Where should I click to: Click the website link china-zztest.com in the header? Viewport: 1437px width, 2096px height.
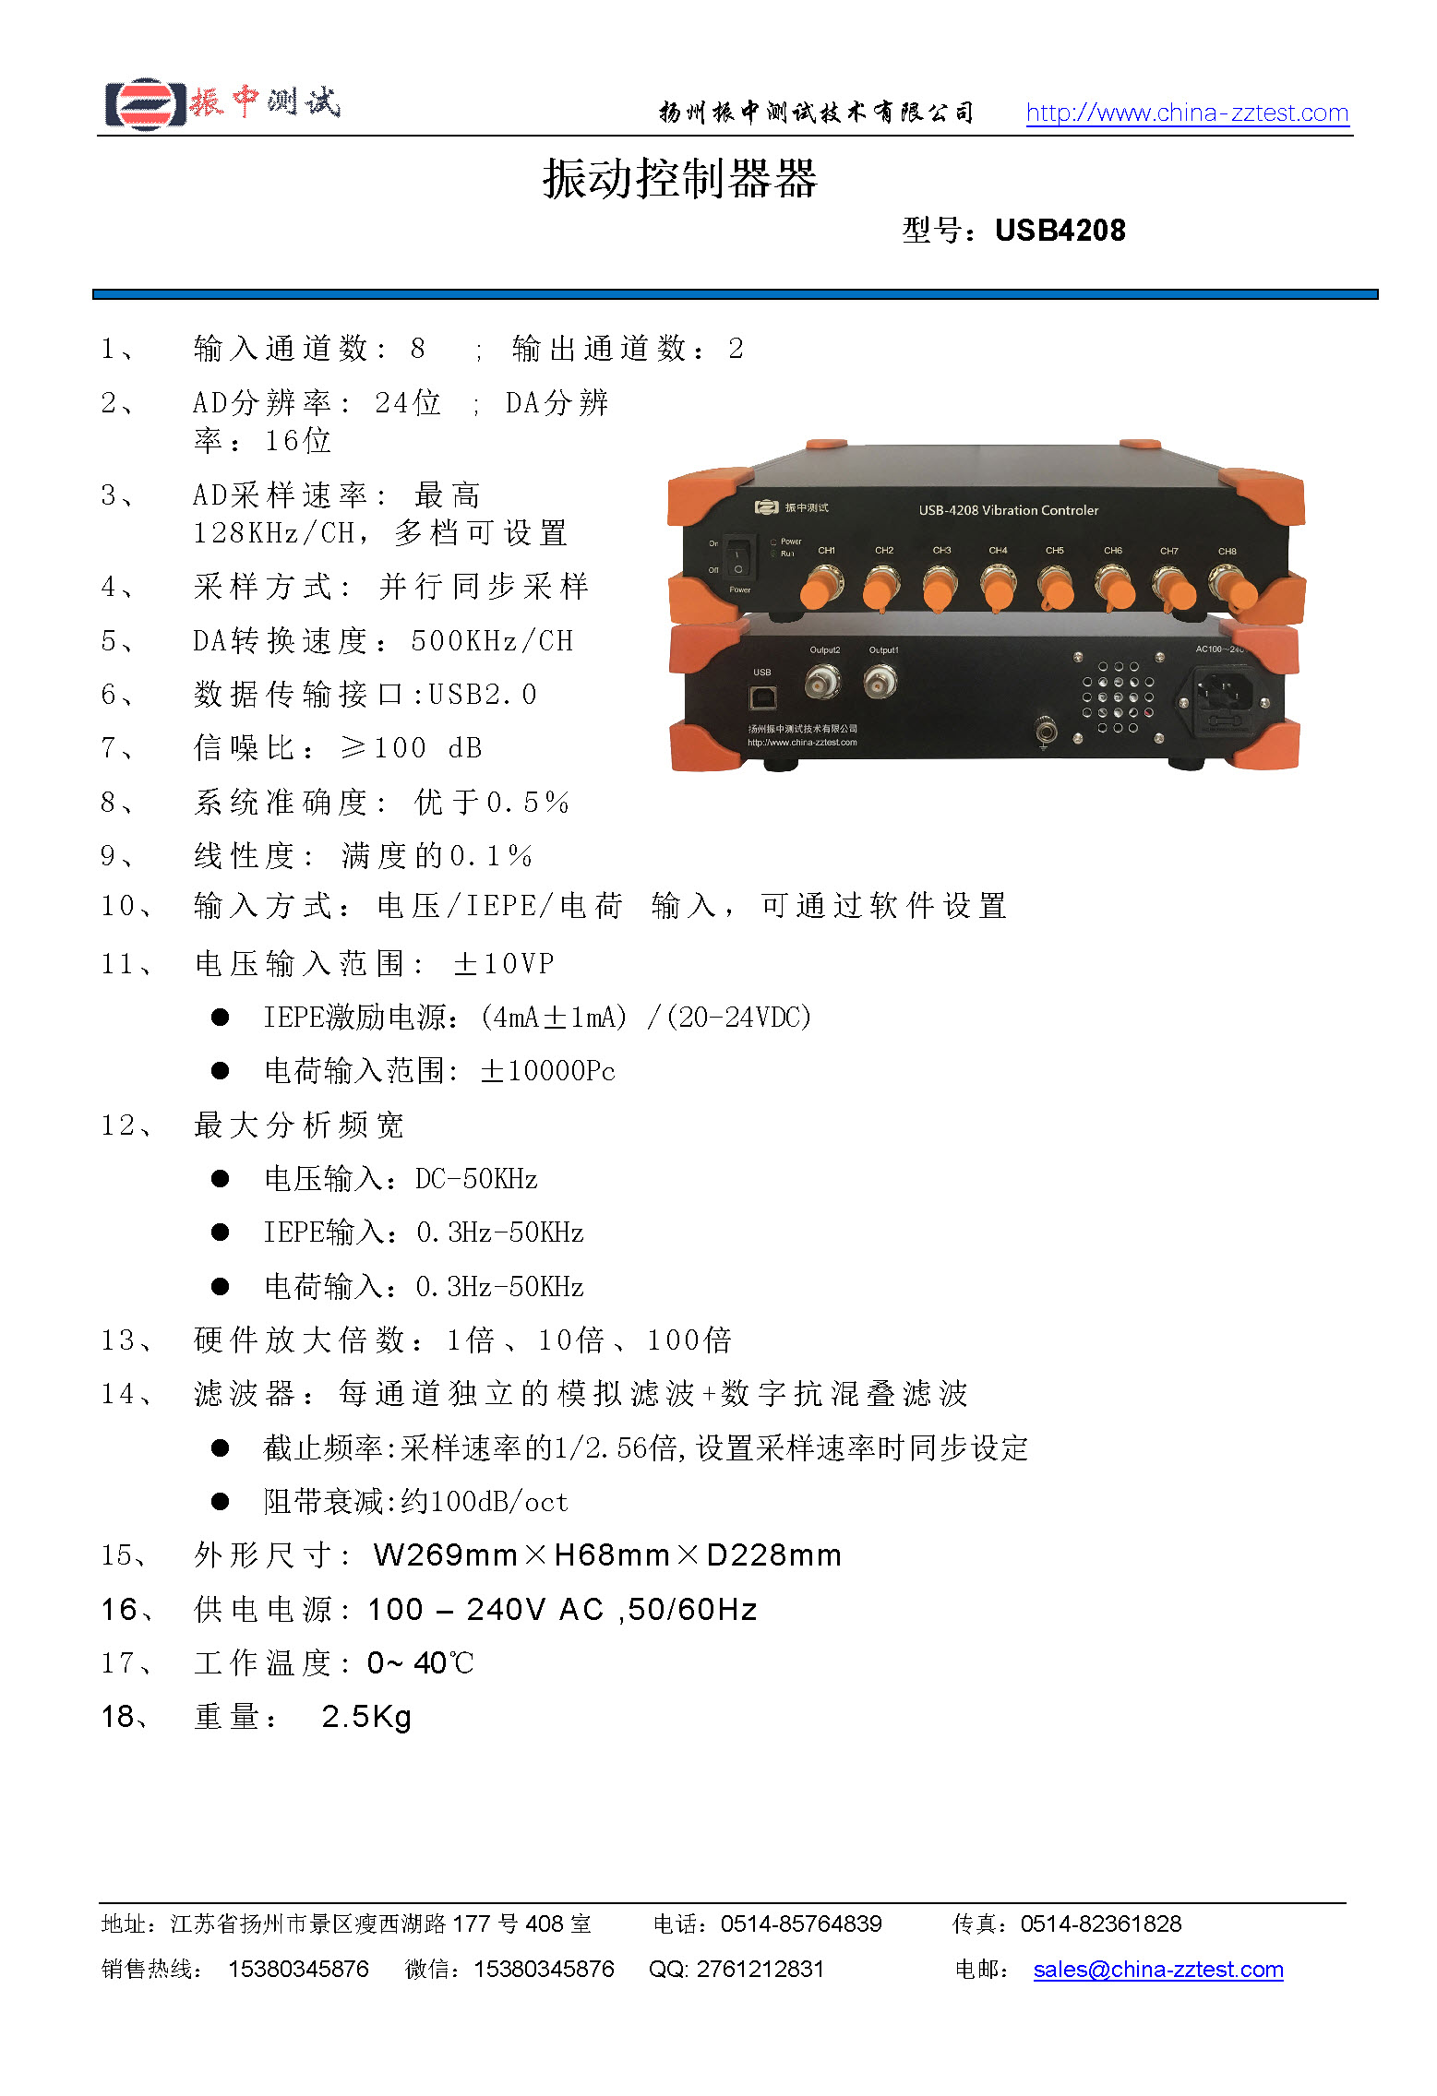(x=1187, y=113)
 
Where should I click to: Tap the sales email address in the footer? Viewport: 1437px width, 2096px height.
(x=1157, y=1969)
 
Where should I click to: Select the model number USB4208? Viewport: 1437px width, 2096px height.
(x=1060, y=230)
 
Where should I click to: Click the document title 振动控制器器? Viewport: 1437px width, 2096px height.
(x=680, y=178)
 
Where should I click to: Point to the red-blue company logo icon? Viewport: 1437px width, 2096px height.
(x=144, y=103)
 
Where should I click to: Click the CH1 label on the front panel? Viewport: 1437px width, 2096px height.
(x=826, y=551)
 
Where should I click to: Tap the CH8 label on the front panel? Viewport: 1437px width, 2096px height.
(x=1227, y=552)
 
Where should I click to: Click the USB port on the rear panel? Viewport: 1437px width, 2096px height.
(x=762, y=697)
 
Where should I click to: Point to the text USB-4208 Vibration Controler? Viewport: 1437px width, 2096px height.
(x=1008, y=510)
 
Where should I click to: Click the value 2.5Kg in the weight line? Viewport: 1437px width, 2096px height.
(x=366, y=1717)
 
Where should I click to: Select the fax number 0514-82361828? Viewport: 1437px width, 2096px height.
(x=1100, y=1923)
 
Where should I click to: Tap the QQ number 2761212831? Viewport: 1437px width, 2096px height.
(x=760, y=1969)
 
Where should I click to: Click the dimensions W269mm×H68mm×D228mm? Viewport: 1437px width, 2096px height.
(x=607, y=1555)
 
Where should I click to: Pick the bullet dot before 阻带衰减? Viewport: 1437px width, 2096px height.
(x=220, y=1502)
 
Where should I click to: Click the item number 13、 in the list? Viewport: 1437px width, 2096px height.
(x=126, y=1340)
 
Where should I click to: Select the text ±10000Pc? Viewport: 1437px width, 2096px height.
(x=547, y=1071)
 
